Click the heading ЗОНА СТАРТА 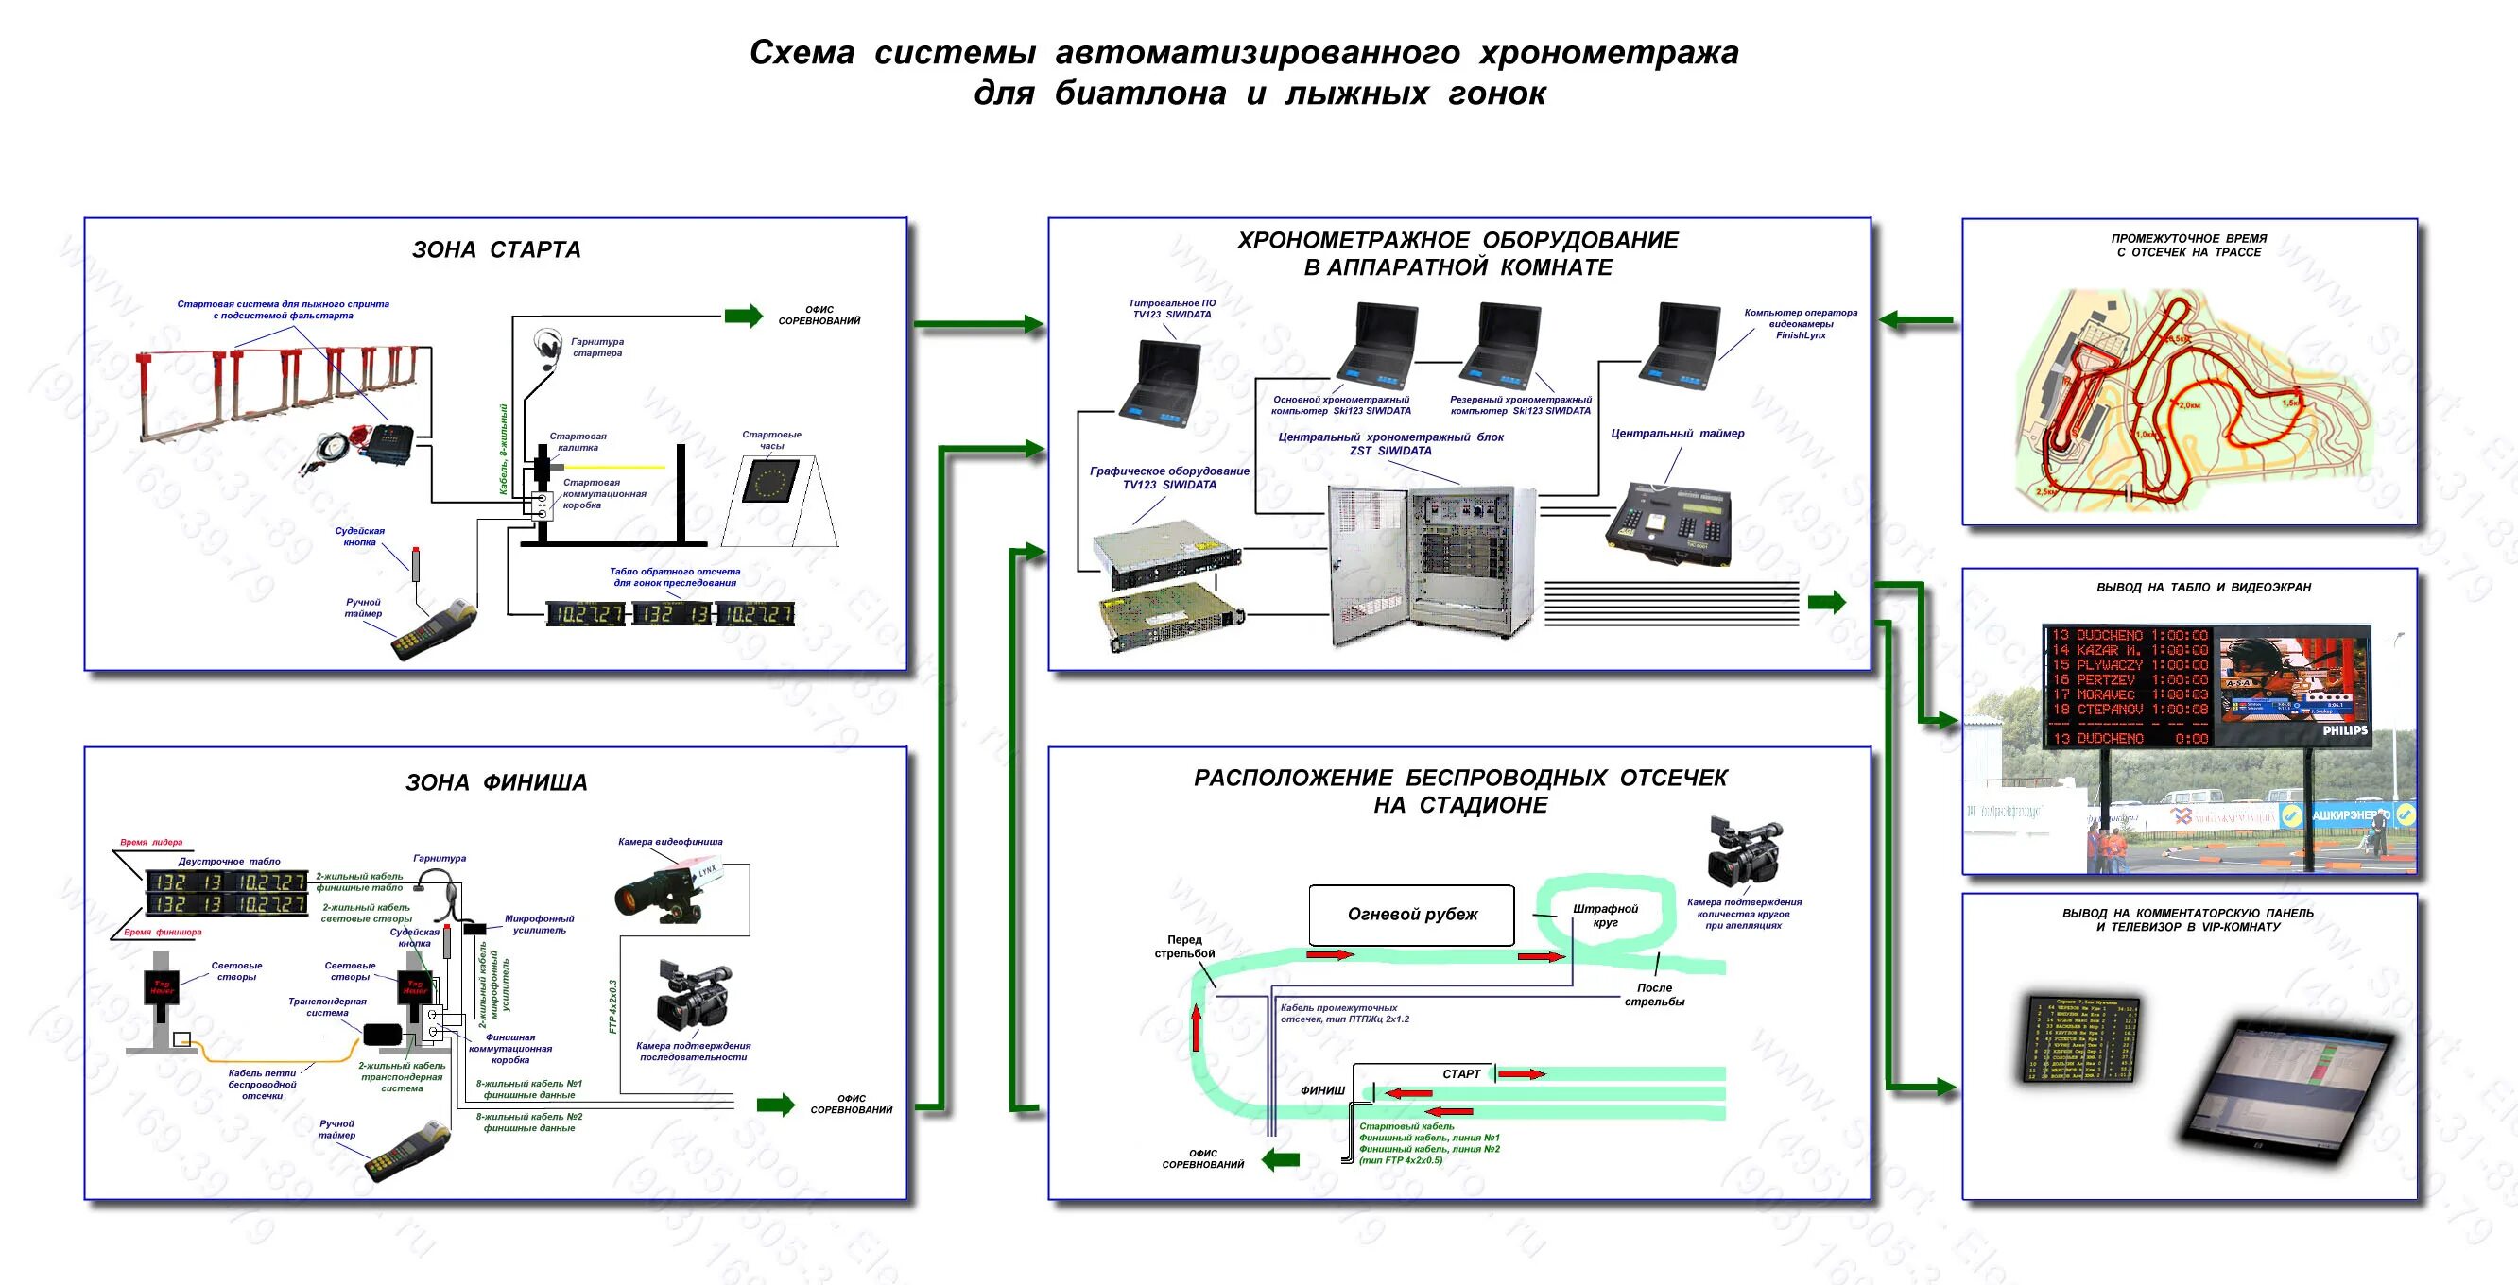[496, 250]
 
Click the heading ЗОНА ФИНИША [496, 782]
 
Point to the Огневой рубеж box [1411, 915]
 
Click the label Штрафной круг [1605, 916]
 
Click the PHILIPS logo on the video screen [2345, 730]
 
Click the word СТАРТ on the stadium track [1461, 1074]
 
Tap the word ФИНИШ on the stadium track [1322, 1090]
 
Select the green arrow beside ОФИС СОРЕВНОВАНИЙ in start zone [743, 316]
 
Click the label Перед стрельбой [1184, 946]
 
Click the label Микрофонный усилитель [539, 924]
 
